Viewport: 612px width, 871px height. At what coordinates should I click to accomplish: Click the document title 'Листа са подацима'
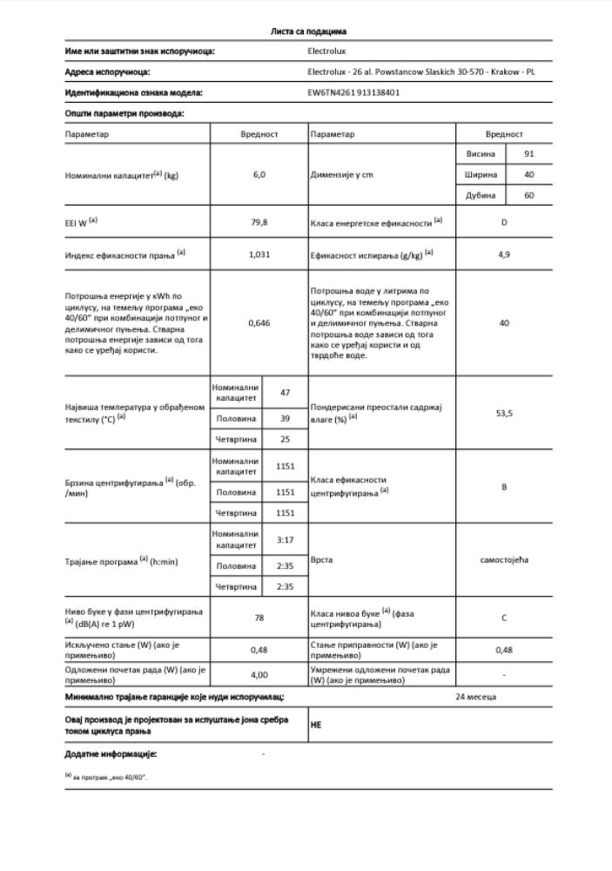click(x=309, y=31)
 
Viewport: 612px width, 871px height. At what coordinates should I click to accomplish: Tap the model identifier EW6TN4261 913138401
click(x=353, y=92)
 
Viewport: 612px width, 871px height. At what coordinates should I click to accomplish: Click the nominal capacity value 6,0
click(x=259, y=175)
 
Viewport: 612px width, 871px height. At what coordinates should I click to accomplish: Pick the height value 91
click(x=528, y=154)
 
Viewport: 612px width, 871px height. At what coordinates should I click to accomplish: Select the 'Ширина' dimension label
click(x=480, y=175)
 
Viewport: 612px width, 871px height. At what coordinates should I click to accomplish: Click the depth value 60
click(x=528, y=196)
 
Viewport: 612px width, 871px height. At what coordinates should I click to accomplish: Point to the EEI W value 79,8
click(x=259, y=223)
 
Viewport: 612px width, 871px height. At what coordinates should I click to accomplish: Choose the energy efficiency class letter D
click(x=504, y=223)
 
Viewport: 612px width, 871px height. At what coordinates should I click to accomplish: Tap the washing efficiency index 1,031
click(x=259, y=254)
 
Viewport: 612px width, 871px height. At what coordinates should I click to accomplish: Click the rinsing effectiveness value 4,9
click(x=504, y=254)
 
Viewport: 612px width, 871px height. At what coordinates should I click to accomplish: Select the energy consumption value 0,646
click(x=259, y=323)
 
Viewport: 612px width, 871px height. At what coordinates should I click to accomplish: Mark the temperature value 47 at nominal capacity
click(x=285, y=393)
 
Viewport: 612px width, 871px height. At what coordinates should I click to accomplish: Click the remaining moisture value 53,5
click(x=504, y=413)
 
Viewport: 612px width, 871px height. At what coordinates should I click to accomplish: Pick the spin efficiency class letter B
click(x=504, y=487)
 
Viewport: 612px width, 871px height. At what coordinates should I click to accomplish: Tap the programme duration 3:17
click(x=285, y=540)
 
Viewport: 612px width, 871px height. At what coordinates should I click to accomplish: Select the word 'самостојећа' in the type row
click(x=504, y=560)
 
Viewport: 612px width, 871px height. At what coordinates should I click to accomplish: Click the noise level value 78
click(x=259, y=618)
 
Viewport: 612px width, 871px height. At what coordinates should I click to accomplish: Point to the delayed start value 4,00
click(x=259, y=674)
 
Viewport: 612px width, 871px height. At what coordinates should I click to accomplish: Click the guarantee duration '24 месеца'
click(x=475, y=697)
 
